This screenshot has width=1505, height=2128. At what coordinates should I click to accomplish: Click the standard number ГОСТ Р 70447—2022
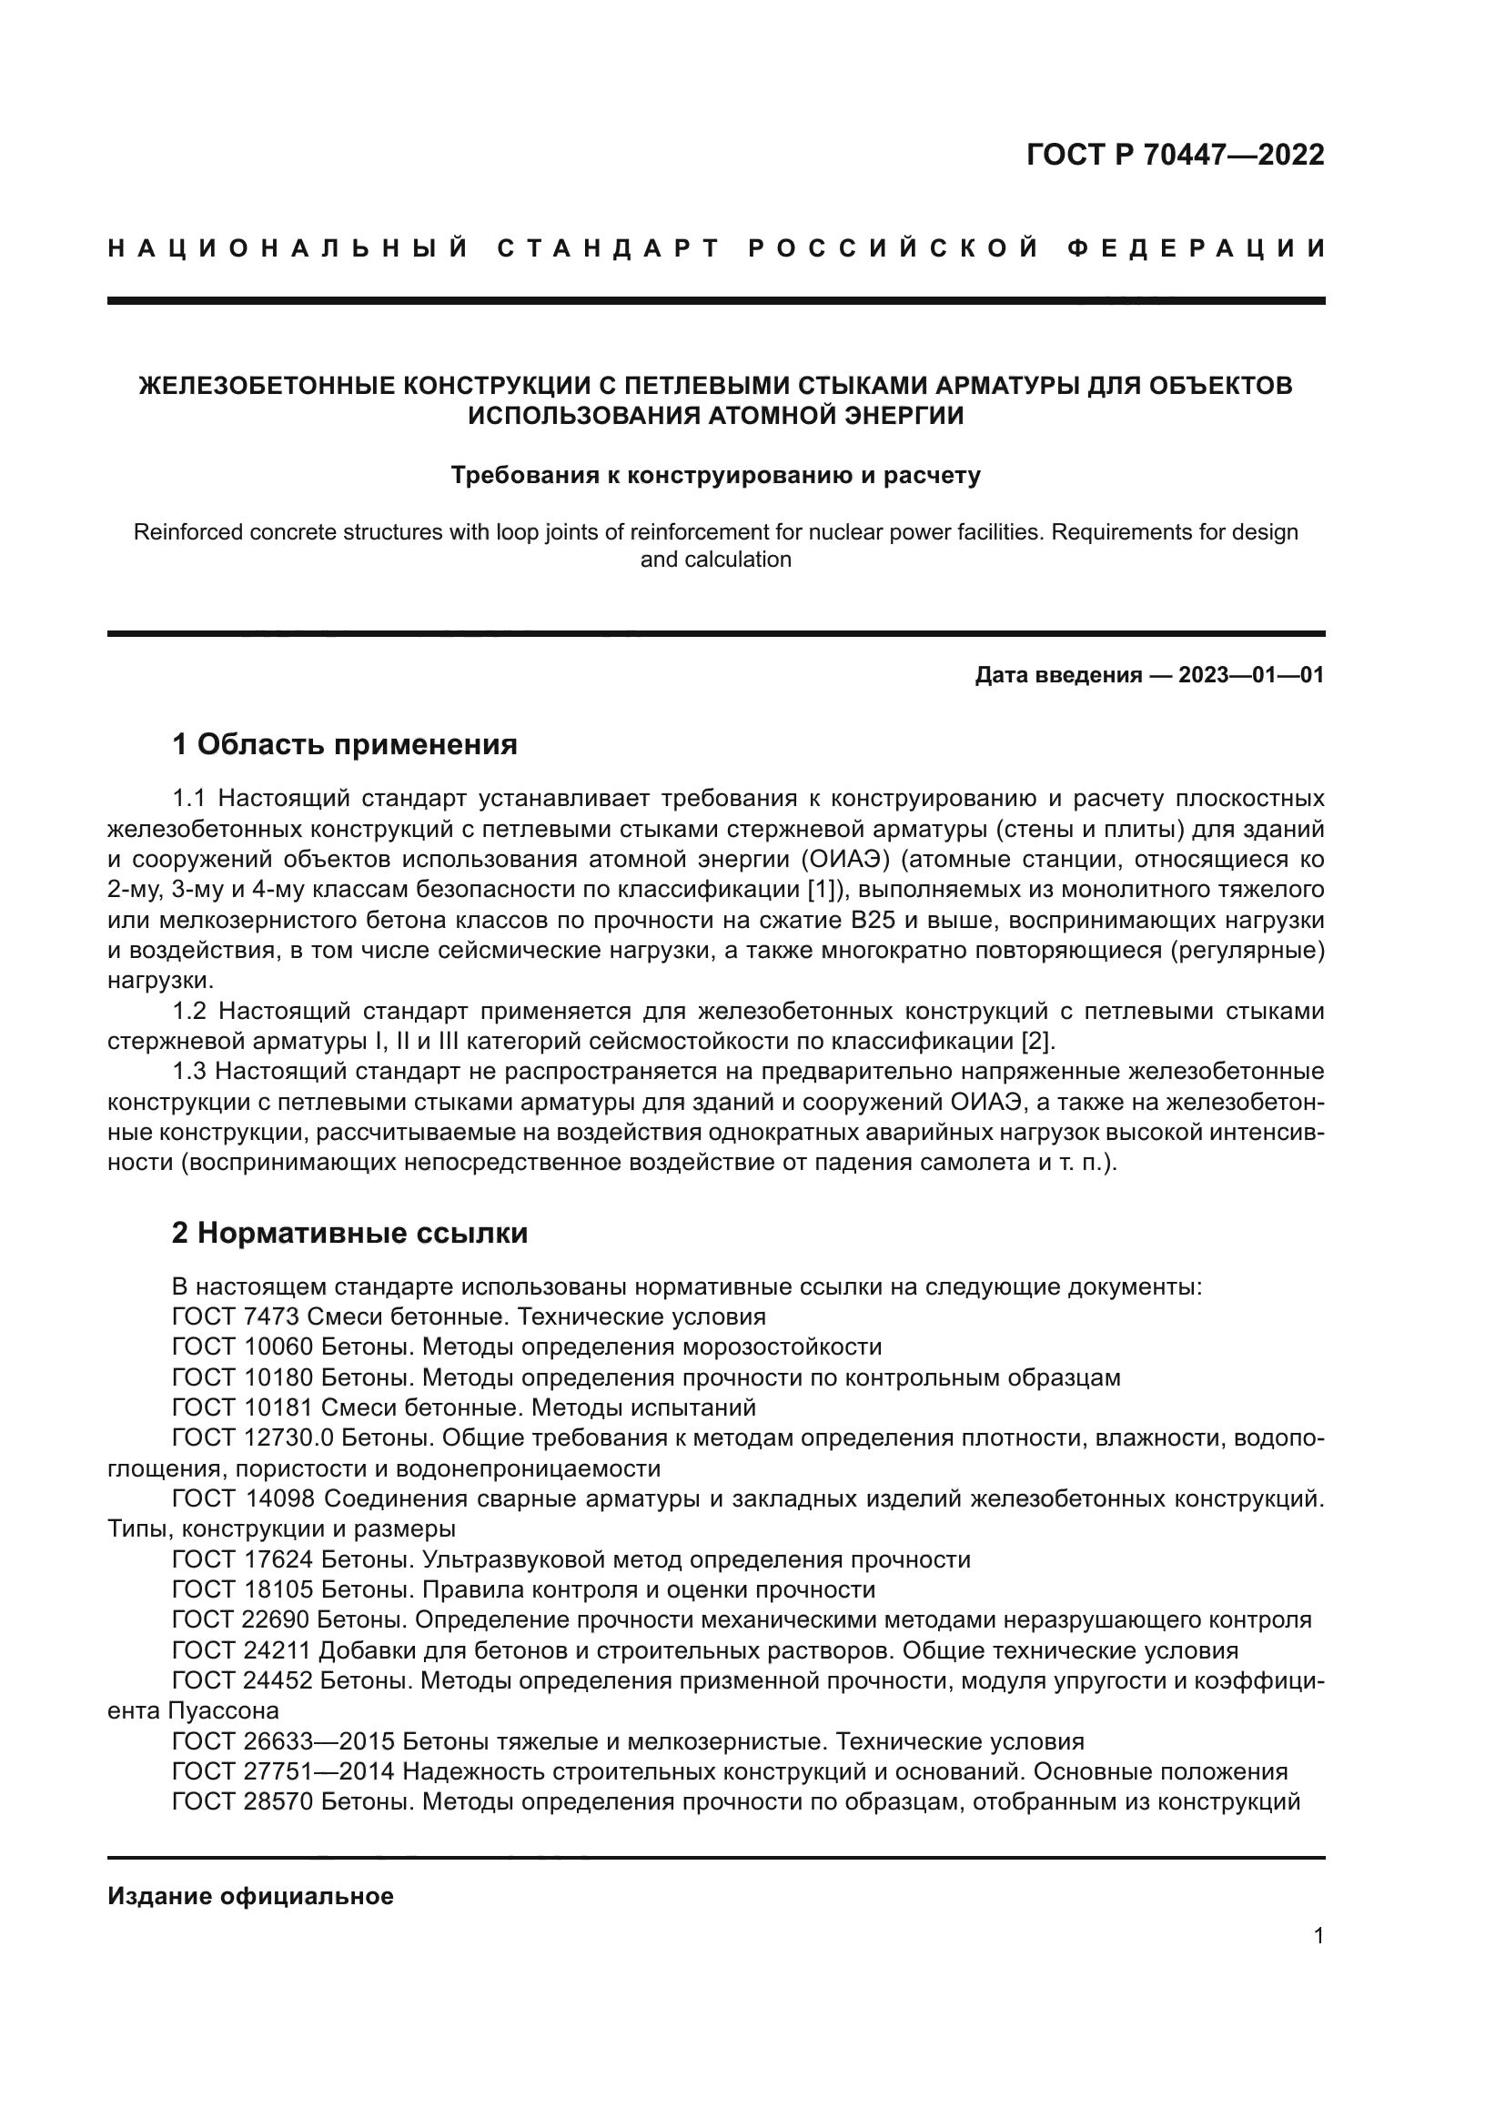click(x=1175, y=155)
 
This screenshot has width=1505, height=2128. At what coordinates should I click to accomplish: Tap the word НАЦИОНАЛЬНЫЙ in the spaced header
click(x=288, y=248)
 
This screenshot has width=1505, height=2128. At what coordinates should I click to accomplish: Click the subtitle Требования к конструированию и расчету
click(x=715, y=476)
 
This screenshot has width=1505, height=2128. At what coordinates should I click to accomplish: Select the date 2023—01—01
click(x=1251, y=675)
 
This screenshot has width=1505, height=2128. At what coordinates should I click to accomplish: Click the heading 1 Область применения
click(x=345, y=743)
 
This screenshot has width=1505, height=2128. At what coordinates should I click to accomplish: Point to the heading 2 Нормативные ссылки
click(x=350, y=1233)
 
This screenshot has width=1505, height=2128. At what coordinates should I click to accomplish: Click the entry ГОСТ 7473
click(x=243, y=1317)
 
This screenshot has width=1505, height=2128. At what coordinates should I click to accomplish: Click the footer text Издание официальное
click(x=250, y=1896)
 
